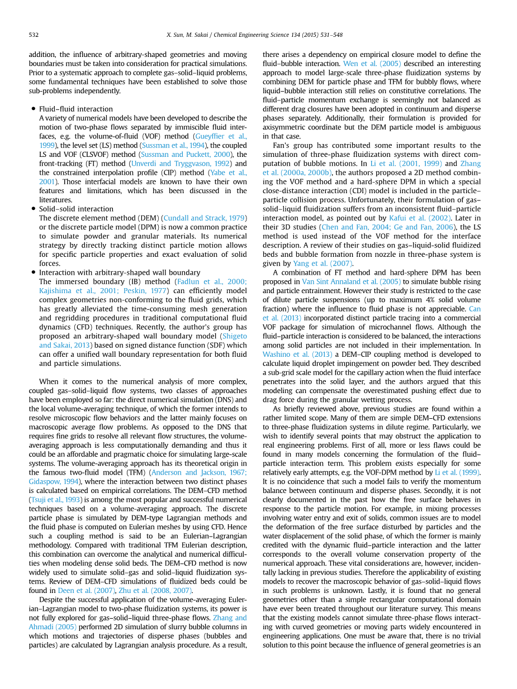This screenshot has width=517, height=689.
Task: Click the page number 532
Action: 34,35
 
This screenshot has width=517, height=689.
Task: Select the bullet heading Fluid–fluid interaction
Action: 76,109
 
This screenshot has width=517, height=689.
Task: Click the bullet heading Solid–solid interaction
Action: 76,209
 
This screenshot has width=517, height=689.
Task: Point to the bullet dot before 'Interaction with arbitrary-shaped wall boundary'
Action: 34,272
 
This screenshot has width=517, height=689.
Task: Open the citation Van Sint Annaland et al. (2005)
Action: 351,281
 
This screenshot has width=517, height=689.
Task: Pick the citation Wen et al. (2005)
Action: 366,64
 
